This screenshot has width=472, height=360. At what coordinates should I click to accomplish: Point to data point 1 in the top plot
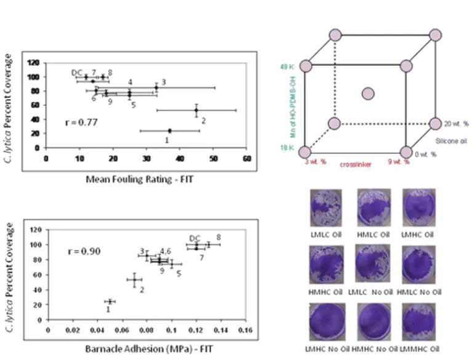click(170, 130)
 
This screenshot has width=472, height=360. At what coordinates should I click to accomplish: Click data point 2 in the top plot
click(196, 110)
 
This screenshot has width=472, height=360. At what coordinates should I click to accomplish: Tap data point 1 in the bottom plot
click(110, 302)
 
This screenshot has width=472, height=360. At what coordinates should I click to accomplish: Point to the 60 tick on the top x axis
click(246, 158)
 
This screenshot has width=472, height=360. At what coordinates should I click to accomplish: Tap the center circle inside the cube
click(368, 94)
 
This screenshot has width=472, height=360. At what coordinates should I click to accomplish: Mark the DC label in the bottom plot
click(194, 238)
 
